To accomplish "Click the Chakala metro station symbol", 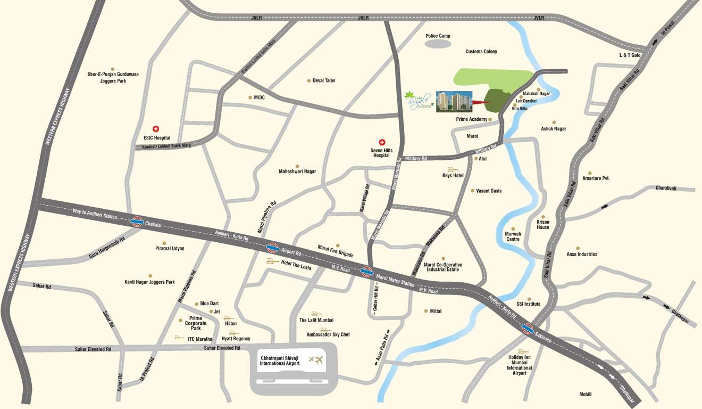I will click(x=137, y=222).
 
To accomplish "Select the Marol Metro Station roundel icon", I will click(x=366, y=272).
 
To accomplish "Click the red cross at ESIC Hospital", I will click(x=156, y=129).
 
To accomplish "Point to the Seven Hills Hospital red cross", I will click(x=382, y=142).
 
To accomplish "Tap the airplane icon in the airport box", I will click(x=318, y=361).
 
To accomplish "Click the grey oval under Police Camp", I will click(x=438, y=45).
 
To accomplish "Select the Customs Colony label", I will click(x=481, y=52).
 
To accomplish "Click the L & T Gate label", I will click(x=630, y=55).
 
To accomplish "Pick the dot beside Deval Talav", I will click(x=308, y=81).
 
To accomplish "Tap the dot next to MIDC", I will click(x=250, y=97).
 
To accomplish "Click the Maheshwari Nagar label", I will click(x=297, y=171).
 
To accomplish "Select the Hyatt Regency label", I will click(x=236, y=339).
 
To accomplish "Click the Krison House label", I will click(x=543, y=224).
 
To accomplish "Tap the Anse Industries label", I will click(x=582, y=255).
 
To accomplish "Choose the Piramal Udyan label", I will click(x=170, y=249).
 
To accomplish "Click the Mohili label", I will click(x=585, y=394).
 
